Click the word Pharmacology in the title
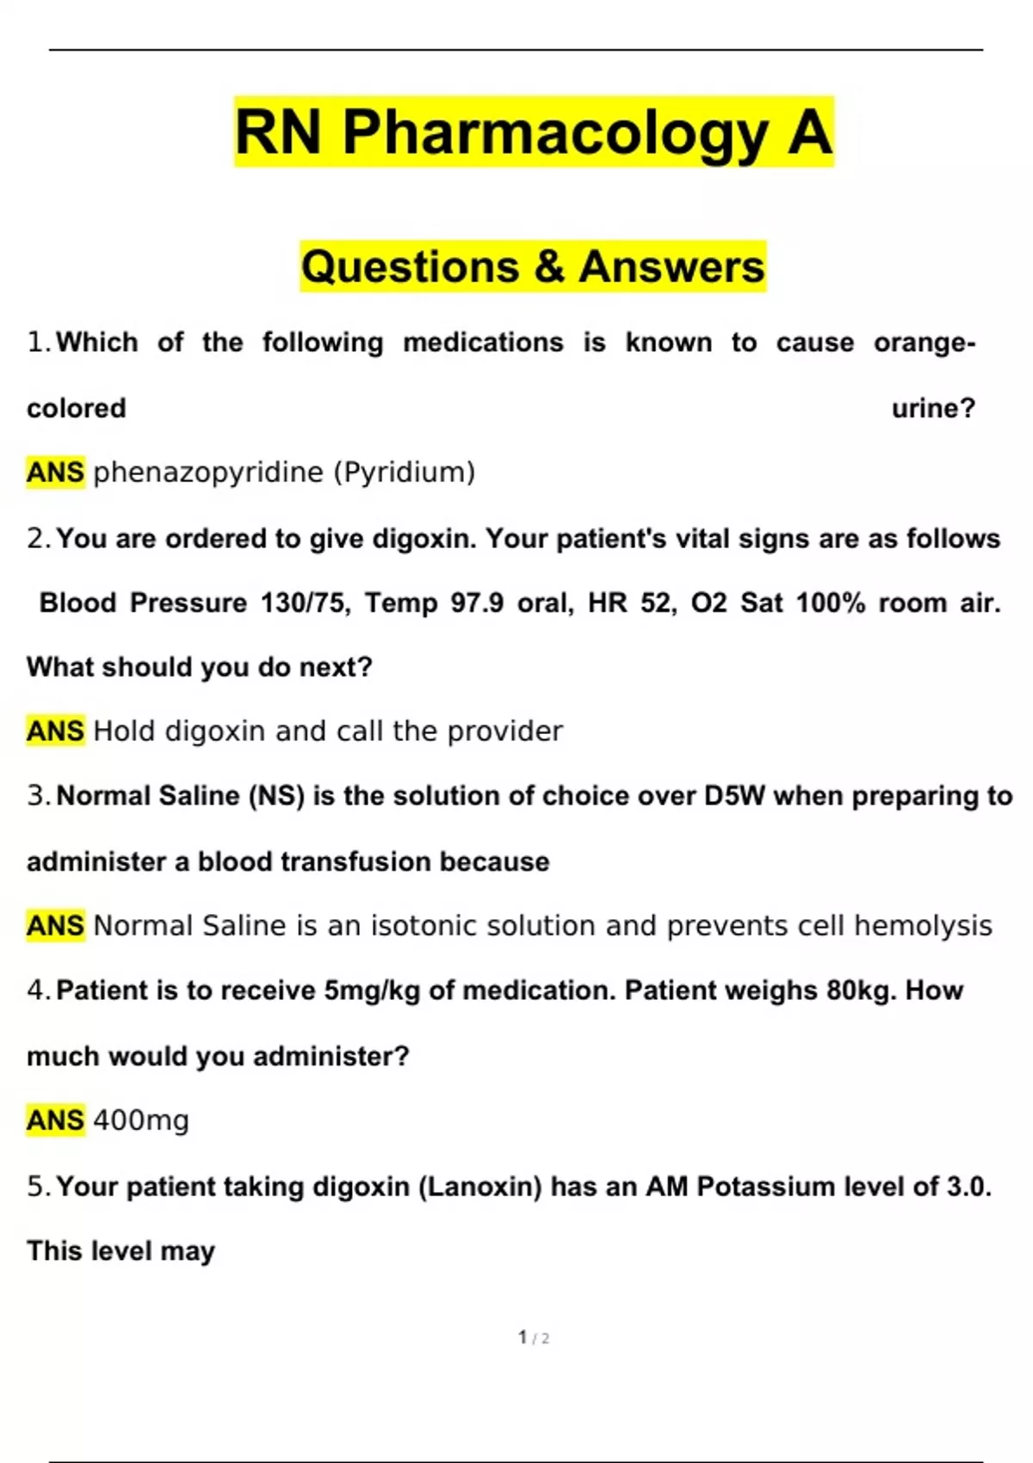pyautogui.click(x=555, y=133)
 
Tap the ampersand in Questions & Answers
pyautogui.click(x=548, y=267)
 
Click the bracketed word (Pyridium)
pyautogui.click(x=404, y=472)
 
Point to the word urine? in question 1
pyautogui.click(x=933, y=408)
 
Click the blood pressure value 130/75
pyautogui.click(x=306, y=602)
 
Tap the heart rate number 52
pyautogui.click(x=659, y=602)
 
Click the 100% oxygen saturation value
pyautogui.click(x=830, y=602)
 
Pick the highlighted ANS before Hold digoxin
pyautogui.click(x=55, y=731)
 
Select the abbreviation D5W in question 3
pyautogui.click(x=734, y=796)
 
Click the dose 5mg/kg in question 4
pyautogui.click(x=372, y=991)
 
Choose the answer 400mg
pyautogui.click(x=141, y=1120)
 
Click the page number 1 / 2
pyautogui.click(x=534, y=1337)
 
